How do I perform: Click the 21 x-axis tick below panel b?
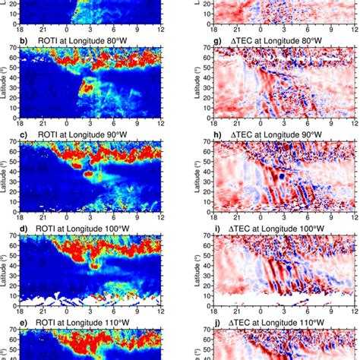tap(47, 122)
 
